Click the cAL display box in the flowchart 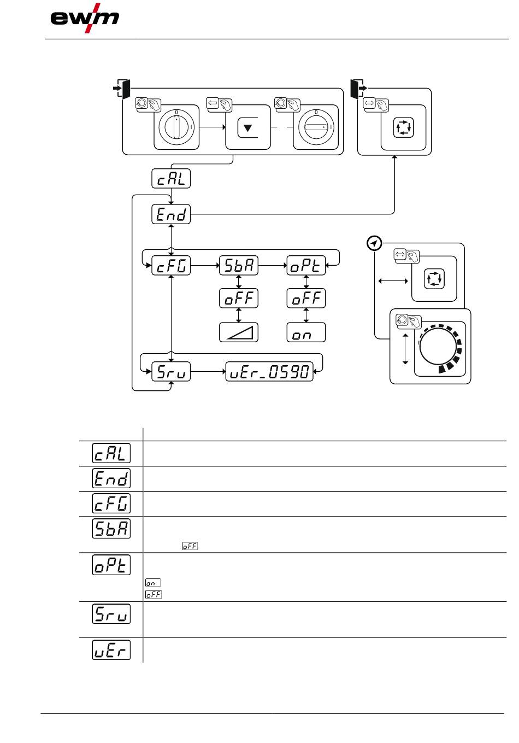tap(171, 178)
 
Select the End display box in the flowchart tap(171, 214)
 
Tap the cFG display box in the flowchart tap(171, 266)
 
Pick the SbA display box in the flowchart tap(238, 266)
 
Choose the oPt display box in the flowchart tap(306, 266)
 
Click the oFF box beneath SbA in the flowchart tap(238, 299)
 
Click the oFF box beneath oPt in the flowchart tap(306, 299)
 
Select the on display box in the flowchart tap(306, 332)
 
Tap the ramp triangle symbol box tap(238, 332)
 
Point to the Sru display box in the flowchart tap(171, 372)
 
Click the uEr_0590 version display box tap(269, 372)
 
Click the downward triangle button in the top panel tap(248, 128)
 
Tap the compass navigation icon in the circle tap(374, 243)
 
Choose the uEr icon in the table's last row tap(111, 650)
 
